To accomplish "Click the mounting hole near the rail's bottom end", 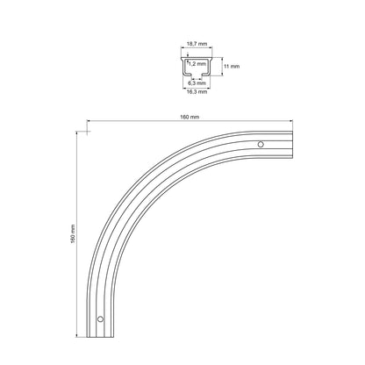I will point(100,318).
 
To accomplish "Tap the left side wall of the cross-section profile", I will point(184,66).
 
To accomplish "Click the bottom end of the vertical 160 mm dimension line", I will point(88,337).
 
